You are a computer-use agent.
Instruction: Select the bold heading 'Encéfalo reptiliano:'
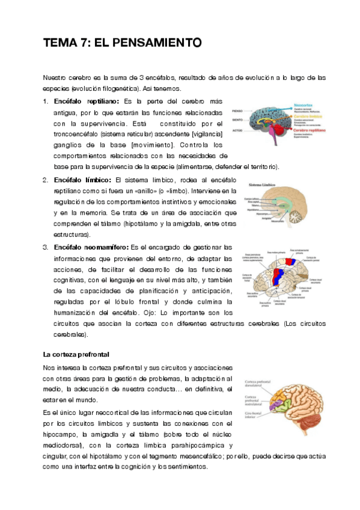(86, 100)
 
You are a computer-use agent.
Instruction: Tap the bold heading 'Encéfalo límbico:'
(82, 180)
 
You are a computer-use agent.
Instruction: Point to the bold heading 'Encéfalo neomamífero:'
(90, 247)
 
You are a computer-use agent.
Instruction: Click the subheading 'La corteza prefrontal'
(75, 353)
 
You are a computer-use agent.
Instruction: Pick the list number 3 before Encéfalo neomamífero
(45, 247)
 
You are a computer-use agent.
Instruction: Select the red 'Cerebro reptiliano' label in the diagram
(310, 129)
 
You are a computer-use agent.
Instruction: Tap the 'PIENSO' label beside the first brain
(238, 111)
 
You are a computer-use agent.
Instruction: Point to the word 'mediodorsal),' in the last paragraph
(63, 445)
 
